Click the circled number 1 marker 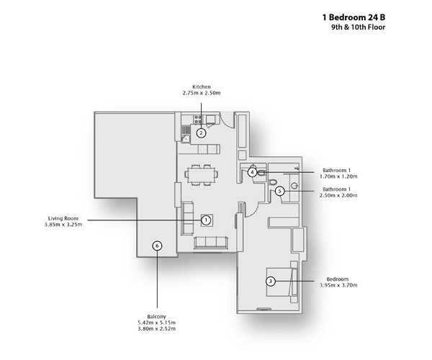point(205,220)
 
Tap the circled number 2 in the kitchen point(201,133)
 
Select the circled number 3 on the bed point(271,282)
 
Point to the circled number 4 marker point(252,172)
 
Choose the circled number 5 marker point(279,191)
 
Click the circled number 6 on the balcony point(157,246)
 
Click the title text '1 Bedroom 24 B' point(354,17)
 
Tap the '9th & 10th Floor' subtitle point(358,27)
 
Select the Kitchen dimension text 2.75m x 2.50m point(202,93)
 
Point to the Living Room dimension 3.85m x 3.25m point(63,225)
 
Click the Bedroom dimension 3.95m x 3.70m point(338,285)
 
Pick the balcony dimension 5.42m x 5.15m point(156,323)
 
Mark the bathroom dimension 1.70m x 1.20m point(338,176)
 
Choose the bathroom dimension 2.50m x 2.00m point(338,195)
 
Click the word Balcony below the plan point(156,317)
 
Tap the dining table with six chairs point(202,175)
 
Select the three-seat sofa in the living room point(211,243)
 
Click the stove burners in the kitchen point(198,119)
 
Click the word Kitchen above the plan point(202,87)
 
